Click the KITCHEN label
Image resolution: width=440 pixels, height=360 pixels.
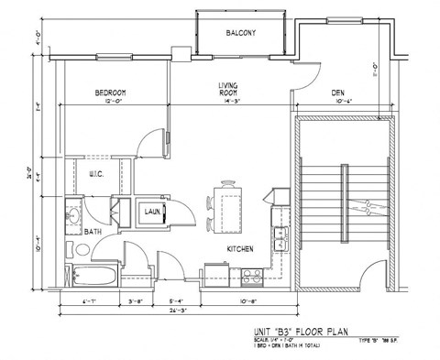pos(240,248)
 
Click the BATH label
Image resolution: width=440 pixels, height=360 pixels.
pos(93,232)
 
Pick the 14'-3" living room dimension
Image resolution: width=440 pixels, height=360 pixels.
pos(228,101)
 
